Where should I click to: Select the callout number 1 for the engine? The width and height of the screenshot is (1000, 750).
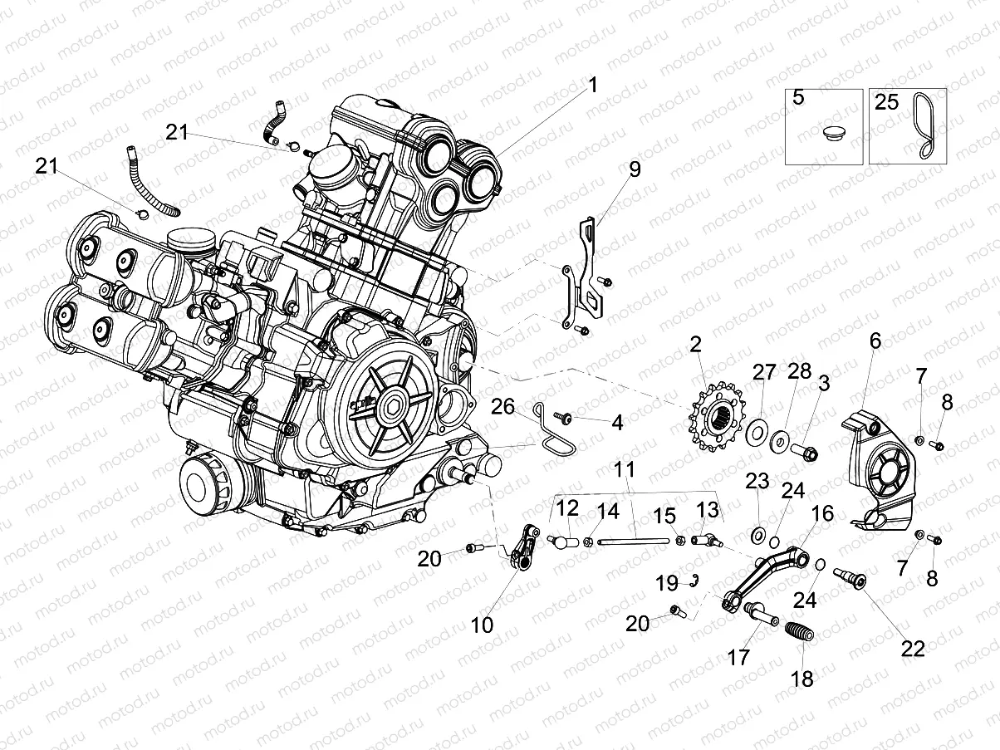point(593,85)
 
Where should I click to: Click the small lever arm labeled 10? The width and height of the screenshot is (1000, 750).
point(518,549)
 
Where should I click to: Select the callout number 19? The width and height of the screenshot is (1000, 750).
point(667,583)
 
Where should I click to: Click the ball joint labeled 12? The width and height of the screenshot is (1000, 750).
point(563,542)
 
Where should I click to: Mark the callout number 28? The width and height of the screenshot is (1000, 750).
point(799,371)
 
